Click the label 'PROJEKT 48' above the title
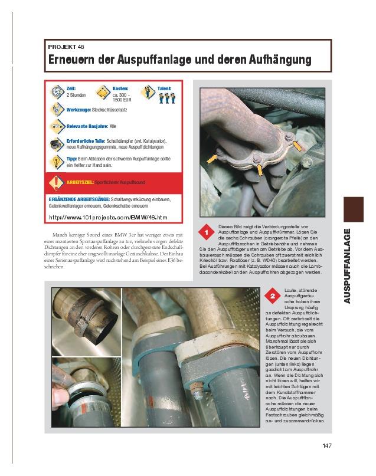67,46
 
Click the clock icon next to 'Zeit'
57,91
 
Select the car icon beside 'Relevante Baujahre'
57,126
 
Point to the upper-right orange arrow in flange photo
299,145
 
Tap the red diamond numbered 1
206,234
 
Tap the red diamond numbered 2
272,295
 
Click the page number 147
329,445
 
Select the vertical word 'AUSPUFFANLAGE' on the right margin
348,265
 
